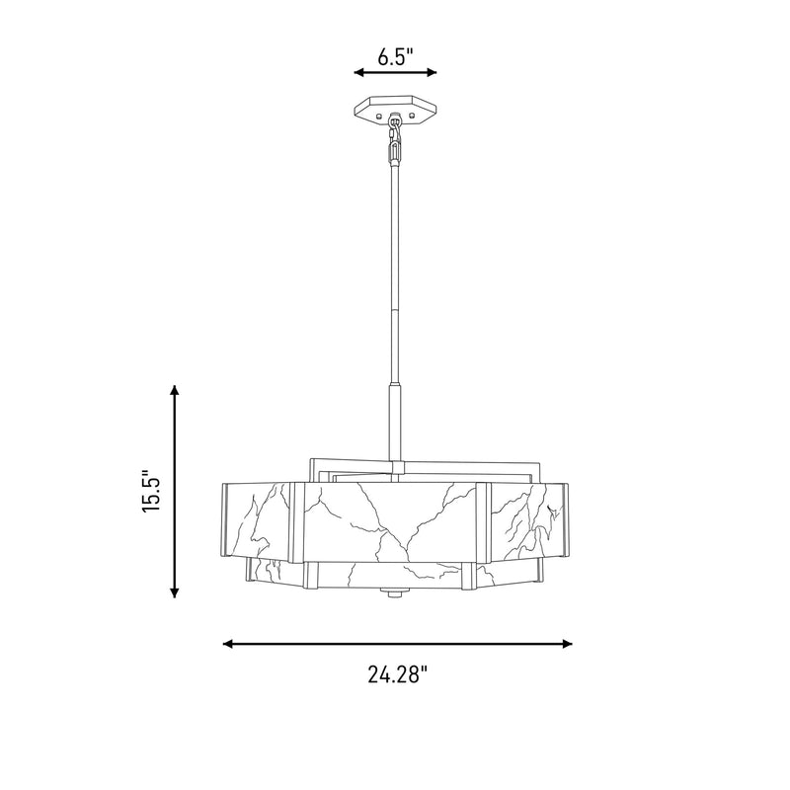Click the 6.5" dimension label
tap(396, 57)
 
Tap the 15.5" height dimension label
tap(151, 492)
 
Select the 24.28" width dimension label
tap(398, 674)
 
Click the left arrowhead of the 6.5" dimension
tap(358, 72)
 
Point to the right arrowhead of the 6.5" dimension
tap(432, 72)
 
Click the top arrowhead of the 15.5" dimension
tap(175, 391)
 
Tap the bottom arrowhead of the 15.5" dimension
tap(175, 592)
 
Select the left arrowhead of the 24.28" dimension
tap(228, 644)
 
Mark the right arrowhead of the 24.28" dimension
tap(567, 644)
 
